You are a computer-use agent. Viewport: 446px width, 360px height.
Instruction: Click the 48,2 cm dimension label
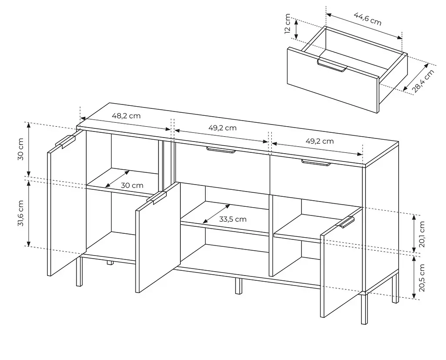(x=126, y=116)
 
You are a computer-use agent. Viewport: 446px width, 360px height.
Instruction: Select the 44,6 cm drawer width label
(x=368, y=19)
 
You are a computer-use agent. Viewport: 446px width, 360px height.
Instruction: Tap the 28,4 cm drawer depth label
(x=423, y=81)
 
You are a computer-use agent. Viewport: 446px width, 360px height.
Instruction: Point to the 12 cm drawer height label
(x=288, y=24)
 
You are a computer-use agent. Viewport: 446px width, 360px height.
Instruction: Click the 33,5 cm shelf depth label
(x=233, y=219)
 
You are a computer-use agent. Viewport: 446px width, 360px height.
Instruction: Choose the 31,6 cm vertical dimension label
(x=20, y=213)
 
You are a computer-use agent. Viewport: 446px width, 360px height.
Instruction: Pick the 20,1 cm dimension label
(x=422, y=234)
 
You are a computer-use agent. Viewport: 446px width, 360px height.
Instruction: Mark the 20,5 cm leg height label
(x=422, y=278)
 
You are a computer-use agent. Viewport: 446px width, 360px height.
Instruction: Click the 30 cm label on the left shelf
(x=132, y=185)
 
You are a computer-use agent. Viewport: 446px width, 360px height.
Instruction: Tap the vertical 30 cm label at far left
(x=20, y=149)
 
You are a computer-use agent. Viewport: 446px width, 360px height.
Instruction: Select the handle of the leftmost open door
(x=65, y=141)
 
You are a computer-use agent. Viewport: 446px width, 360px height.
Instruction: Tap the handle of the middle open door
(x=156, y=198)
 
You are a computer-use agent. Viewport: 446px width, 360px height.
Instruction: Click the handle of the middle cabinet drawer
(x=221, y=150)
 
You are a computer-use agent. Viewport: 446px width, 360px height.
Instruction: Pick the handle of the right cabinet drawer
(x=316, y=163)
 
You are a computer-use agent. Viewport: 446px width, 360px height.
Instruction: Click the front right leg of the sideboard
(x=364, y=309)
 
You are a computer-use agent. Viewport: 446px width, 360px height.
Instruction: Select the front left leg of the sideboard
(x=79, y=272)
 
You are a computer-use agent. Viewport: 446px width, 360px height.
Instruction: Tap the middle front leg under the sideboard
(x=238, y=286)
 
